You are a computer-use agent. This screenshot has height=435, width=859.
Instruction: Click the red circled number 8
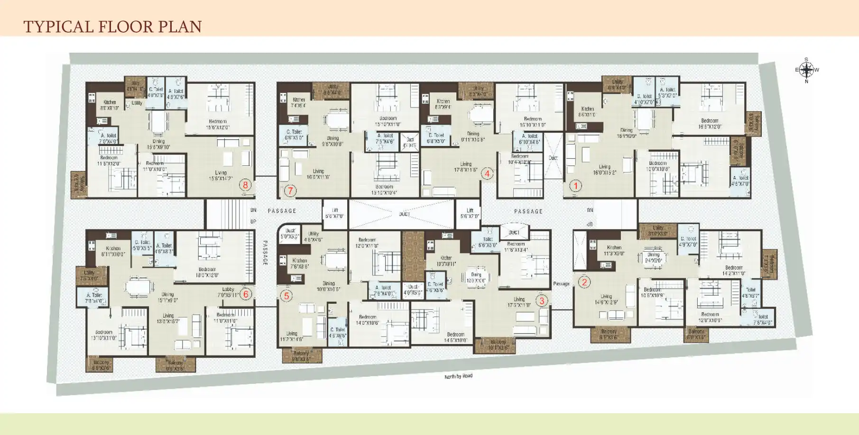point(245,185)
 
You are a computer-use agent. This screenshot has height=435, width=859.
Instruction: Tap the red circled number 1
point(575,186)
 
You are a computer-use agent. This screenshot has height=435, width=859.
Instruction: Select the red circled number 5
point(286,296)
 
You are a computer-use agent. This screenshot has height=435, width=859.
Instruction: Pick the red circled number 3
point(542,300)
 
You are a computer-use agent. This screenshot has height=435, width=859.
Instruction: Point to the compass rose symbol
point(806,70)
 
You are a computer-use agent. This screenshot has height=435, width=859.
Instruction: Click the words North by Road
point(458,376)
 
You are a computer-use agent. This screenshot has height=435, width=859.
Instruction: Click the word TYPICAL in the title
point(58,27)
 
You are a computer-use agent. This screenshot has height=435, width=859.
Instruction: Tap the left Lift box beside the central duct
point(335,213)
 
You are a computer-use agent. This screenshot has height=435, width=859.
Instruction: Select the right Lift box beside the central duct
point(470,213)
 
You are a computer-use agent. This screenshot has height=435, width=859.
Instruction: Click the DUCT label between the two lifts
point(404,214)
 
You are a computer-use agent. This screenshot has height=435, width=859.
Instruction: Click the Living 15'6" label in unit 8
point(221,176)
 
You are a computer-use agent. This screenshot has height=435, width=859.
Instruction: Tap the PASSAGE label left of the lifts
point(282,211)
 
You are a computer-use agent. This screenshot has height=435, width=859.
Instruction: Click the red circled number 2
point(584,282)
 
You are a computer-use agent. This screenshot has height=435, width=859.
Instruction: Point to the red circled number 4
point(487,173)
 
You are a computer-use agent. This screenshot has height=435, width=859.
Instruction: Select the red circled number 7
point(290,191)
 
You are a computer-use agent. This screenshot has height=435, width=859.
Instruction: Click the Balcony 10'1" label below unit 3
point(498,344)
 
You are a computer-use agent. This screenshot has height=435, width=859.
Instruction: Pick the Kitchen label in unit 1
point(587,111)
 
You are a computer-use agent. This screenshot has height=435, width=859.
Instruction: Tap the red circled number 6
point(245,294)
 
